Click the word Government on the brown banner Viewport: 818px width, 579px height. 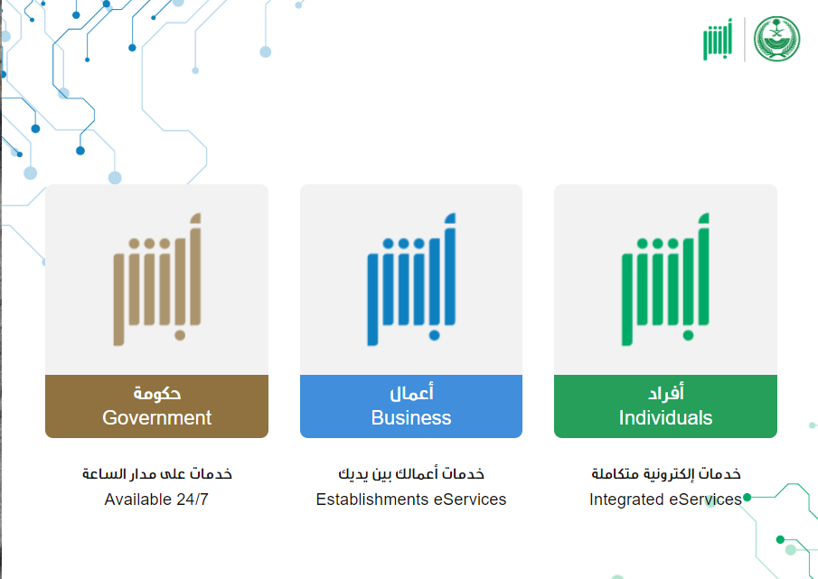[x=156, y=417]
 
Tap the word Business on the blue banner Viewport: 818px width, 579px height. [x=411, y=417]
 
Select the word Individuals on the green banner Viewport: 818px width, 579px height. [x=665, y=417]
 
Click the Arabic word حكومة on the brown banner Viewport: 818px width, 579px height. [x=157, y=393]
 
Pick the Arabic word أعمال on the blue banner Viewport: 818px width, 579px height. [x=411, y=392]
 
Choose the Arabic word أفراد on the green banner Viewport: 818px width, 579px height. [x=665, y=392]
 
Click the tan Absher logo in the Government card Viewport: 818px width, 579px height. [x=157, y=279]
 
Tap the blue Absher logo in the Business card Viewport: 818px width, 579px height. [x=411, y=279]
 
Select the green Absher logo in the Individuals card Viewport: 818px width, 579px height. [x=665, y=279]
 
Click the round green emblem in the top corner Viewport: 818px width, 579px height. [x=776, y=39]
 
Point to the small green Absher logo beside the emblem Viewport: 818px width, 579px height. [x=718, y=40]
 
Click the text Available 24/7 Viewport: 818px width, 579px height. [x=156, y=500]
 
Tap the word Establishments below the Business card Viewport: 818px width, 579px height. [x=372, y=500]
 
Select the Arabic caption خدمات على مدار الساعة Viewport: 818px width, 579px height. [x=157, y=473]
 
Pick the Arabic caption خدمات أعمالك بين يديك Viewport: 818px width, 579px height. [x=411, y=473]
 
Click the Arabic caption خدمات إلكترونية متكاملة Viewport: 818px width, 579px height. [x=665, y=473]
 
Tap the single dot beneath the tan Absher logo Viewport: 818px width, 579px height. [x=180, y=335]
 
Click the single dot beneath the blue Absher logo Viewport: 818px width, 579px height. [x=434, y=335]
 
